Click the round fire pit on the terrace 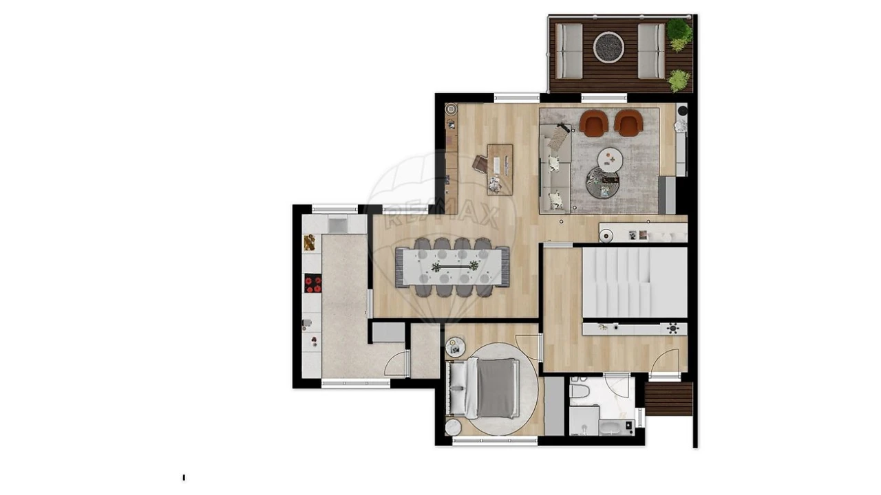coord(608,47)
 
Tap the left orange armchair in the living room coord(593,123)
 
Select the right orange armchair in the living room coord(628,123)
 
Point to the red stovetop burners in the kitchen coord(313,283)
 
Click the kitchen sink coord(337,225)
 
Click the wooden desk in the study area coord(500,170)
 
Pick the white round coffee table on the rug coord(610,159)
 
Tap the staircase coord(635,282)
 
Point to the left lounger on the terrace coord(569,51)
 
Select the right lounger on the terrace coord(651,51)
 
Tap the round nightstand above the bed coord(456,347)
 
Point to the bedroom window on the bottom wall coord(495,441)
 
